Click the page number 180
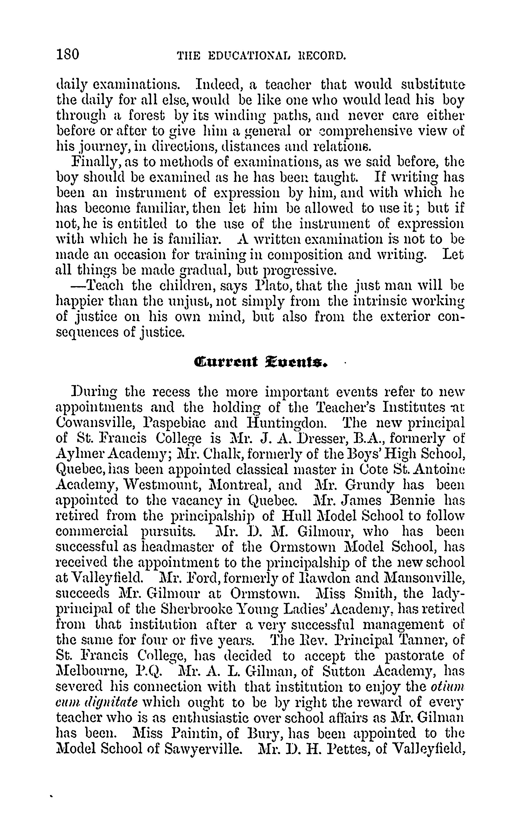pos(68,54)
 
